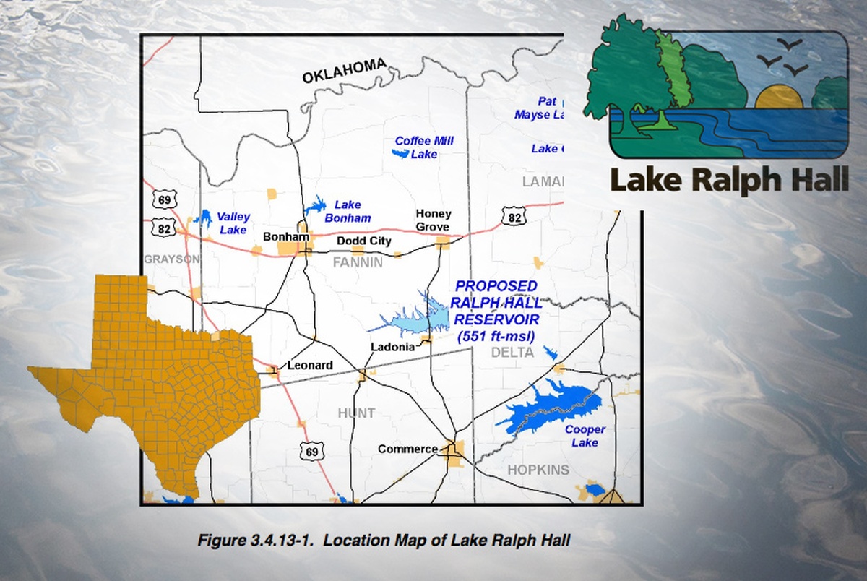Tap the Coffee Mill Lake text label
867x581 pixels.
tap(424, 147)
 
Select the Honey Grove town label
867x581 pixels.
tap(433, 220)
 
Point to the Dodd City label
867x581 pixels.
tap(364, 241)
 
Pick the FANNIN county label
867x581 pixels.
tap(358, 263)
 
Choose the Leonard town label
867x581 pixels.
tap(310, 366)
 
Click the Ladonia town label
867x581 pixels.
tap(392, 347)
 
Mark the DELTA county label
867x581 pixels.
tap(512, 353)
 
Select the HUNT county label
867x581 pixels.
tap(357, 413)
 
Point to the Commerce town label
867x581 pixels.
tap(407, 449)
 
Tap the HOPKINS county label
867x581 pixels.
tap(538, 470)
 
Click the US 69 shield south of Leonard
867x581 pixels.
tap(311, 452)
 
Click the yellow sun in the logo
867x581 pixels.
tap(779, 98)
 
